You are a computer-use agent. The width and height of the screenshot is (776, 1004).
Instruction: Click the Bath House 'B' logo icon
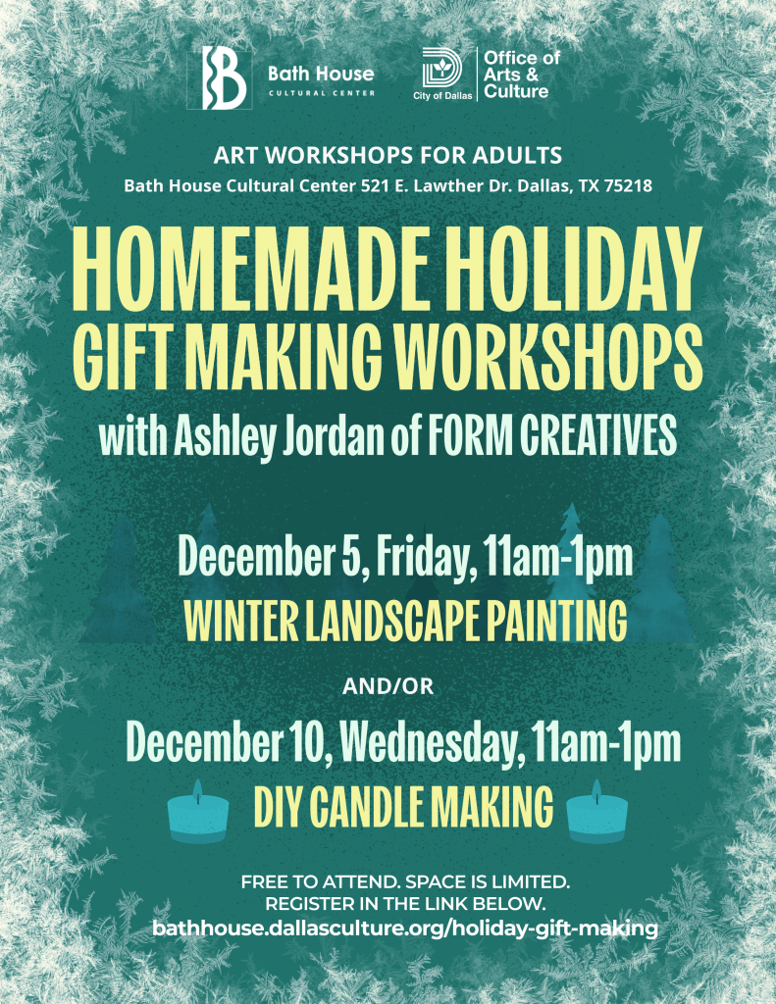pos(224,77)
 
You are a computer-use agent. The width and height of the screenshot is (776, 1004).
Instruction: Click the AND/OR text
pos(388,687)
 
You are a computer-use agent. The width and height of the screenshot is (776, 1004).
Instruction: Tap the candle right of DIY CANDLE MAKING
pos(597,814)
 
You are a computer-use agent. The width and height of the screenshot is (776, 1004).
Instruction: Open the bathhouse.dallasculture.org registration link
pos(404,927)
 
